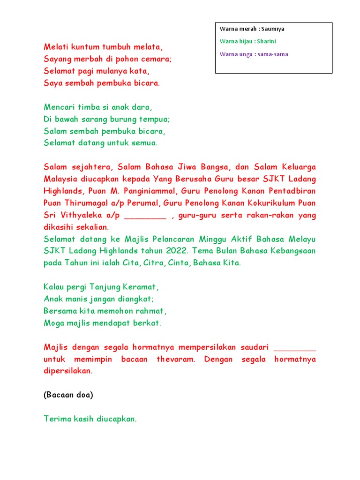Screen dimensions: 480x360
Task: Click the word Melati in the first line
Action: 55,47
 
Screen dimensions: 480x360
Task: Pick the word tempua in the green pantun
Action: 156,119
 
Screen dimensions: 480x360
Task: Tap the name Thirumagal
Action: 84,203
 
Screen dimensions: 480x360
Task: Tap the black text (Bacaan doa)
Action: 68,395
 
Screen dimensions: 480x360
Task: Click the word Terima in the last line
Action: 56,419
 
